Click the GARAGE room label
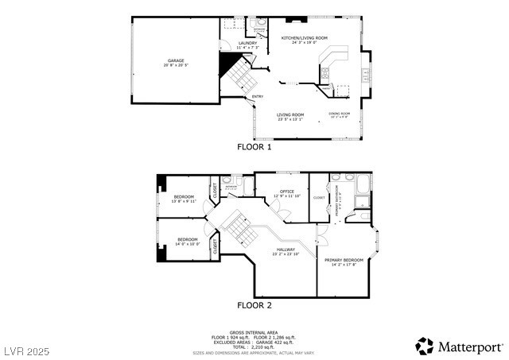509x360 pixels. click(175, 60)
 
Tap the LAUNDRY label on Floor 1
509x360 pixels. click(247, 44)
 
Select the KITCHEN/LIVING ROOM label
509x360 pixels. click(304, 38)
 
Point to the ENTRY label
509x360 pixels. click(258, 97)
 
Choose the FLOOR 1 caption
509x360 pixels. click(254, 147)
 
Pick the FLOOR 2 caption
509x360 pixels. click(254, 305)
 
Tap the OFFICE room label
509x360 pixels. click(287, 192)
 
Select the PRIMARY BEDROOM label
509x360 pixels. click(344, 260)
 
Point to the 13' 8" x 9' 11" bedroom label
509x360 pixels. click(185, 196)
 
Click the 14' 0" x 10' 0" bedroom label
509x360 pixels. click(188, 240)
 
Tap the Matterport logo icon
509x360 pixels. click(425, 346)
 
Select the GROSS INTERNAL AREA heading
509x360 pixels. click(254, 332)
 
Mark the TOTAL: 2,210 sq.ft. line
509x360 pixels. click(254, 346)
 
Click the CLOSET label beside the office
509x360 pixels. click(319, 197)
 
